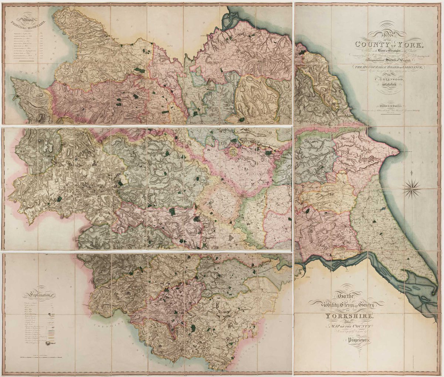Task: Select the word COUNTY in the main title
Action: pyautogui.click(x=370, y=45)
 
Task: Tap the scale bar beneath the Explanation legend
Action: pyautogui.click(x=41, y=357)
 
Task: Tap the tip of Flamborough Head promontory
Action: pyautogui.click(x=399, y=151)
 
